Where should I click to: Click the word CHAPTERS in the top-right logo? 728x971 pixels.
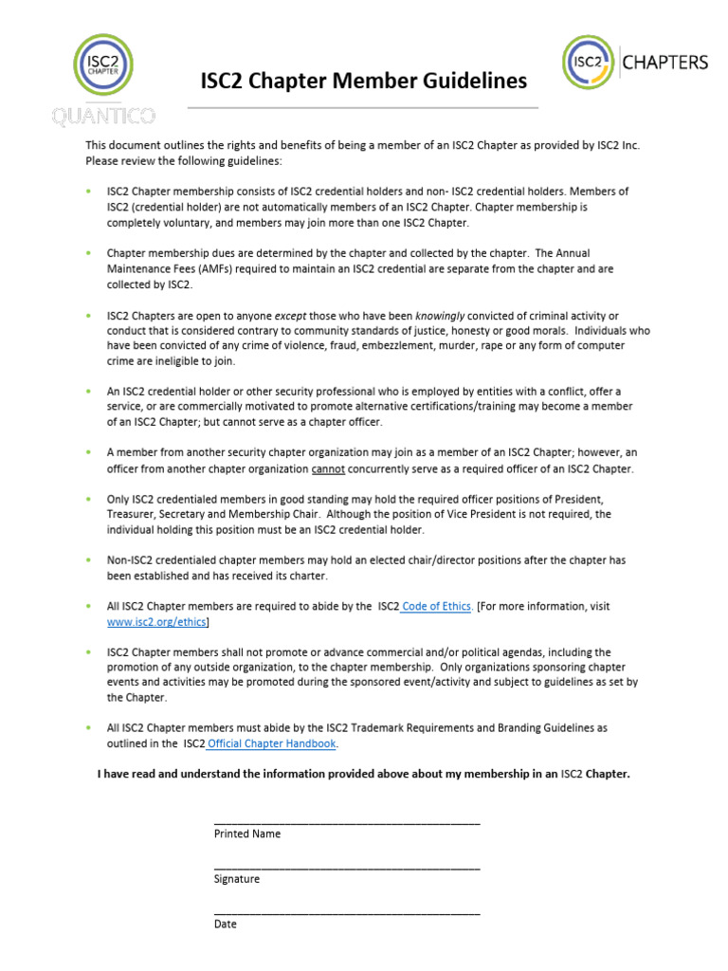point(664,63)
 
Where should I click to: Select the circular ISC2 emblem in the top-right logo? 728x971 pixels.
point(589,63)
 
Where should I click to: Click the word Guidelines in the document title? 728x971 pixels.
point(471,82)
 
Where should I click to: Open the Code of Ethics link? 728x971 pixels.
point(437,606)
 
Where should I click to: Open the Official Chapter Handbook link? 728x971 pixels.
point(272,743)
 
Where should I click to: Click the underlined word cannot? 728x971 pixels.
point(328,469)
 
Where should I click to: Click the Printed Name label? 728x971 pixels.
point(247,834)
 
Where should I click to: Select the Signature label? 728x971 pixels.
point(237,879)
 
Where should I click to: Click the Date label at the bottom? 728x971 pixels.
point(226,924)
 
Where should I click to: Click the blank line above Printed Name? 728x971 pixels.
point(347,822)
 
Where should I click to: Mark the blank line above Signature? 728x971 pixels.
point(347,867)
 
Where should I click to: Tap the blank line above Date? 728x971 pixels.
point(347,911)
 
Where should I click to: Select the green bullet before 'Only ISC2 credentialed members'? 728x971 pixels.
point(88,499)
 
